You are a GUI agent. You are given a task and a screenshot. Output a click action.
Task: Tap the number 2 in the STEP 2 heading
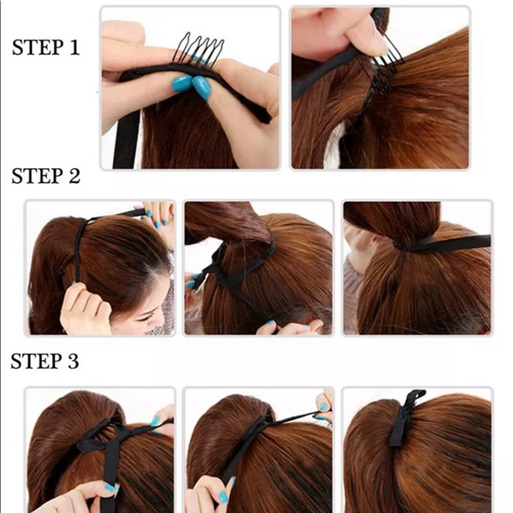[x=74, y=176]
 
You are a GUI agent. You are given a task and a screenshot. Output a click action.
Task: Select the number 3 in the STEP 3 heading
[x=73, y=361]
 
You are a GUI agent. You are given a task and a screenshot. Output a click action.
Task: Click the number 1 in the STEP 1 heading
[x=74, y=48]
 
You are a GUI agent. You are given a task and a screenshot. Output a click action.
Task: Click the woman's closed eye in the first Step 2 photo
[x=147, y=318]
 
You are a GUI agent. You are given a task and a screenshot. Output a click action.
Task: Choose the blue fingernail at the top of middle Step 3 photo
[x=323, y=407]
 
